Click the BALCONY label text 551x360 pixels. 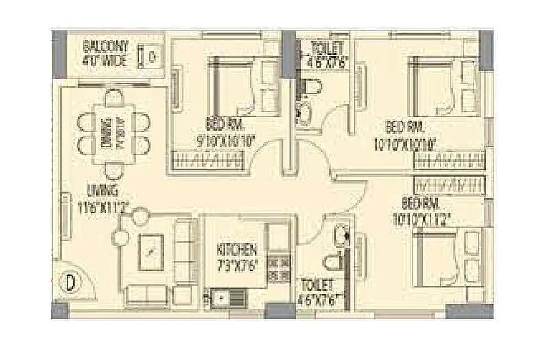(x=106, y=46)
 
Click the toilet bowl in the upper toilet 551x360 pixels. (x=312, y=88)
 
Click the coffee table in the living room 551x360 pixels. (x=150, y=252)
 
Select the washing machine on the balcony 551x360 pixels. (x=152, y=56)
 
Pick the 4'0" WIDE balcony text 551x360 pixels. (x=106, y=60)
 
